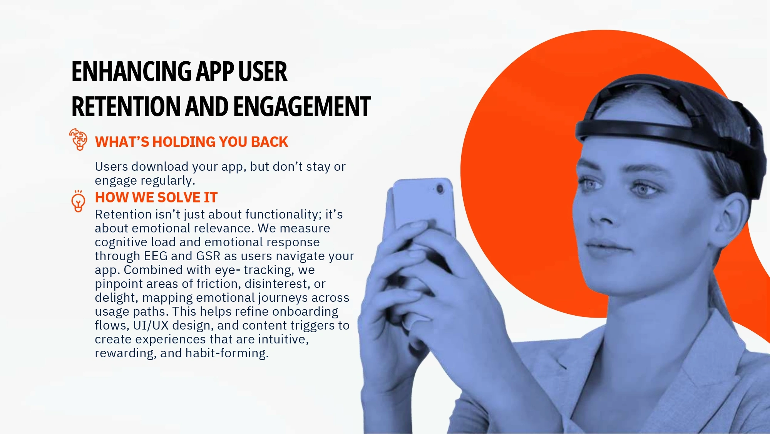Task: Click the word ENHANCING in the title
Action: coord(132,72)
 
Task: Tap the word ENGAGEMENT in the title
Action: coord(301,107)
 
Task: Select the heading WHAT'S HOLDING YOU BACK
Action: coord(191,142)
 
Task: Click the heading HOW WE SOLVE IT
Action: coord(156,197)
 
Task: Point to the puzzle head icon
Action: coord(79,139)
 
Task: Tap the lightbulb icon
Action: coord(79,201)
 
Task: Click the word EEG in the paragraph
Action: coord(156,256)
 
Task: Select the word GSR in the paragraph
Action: coord(208,256)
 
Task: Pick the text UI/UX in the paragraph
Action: coord(151,325)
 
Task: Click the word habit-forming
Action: coord(227,353)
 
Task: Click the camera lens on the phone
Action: coord(440,189)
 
